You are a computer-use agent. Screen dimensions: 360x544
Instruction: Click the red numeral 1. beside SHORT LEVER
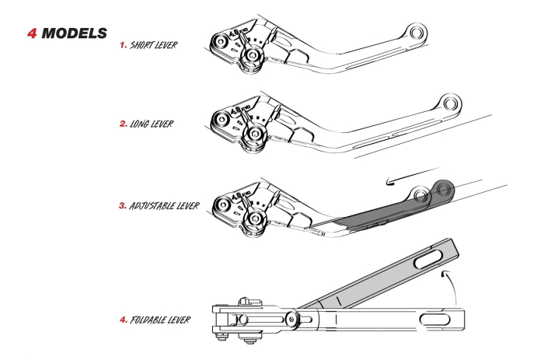click(x=123, y=45)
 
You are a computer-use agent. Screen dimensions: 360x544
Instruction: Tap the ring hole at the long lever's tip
click(x=448, y=103)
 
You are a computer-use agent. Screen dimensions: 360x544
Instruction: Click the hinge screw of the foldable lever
click(x=293, y=319)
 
